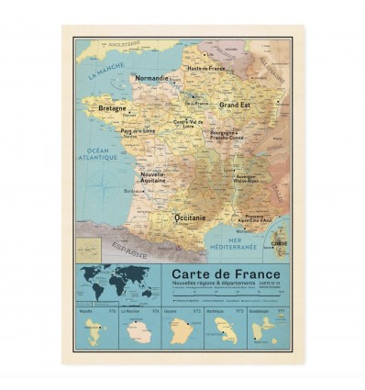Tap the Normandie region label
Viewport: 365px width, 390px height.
(x=152, y=79)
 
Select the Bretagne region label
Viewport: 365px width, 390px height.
(x=112, y=108)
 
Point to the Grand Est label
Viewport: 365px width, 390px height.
(x=235, y=106)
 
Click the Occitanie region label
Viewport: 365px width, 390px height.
(x=190, y=217)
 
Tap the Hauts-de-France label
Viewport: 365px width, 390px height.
(x=206, y=68)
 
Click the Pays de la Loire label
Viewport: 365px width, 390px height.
(x=138, y=131)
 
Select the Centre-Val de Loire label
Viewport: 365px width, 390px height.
(x=189, y=124)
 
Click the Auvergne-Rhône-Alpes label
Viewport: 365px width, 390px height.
(x=247, y=177)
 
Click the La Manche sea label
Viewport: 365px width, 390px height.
(x=105, y=72)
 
